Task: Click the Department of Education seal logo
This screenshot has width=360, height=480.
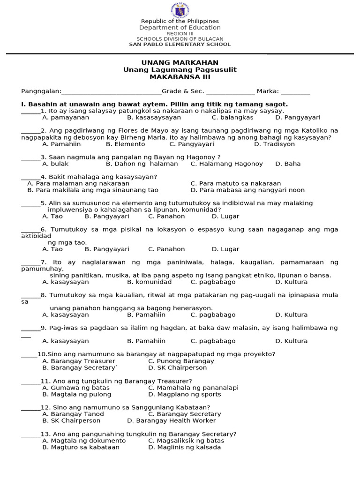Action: [180, 10]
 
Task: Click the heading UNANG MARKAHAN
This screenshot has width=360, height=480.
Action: [180, 63]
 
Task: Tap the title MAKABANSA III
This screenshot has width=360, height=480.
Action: [180, 77]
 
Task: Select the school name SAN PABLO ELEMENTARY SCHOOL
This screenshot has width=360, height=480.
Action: [180, 45]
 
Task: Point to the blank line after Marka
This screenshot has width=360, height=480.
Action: [296, 91]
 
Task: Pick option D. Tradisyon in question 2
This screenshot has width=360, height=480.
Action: [274, 144]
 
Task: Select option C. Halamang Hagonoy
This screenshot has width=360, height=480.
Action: [226, 164]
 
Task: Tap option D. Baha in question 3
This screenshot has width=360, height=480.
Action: [288, 164]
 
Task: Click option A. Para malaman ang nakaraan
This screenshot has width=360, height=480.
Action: [78, 184]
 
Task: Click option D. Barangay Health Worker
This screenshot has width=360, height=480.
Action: [172, 421]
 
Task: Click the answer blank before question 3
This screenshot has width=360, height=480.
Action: [30, 158]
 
